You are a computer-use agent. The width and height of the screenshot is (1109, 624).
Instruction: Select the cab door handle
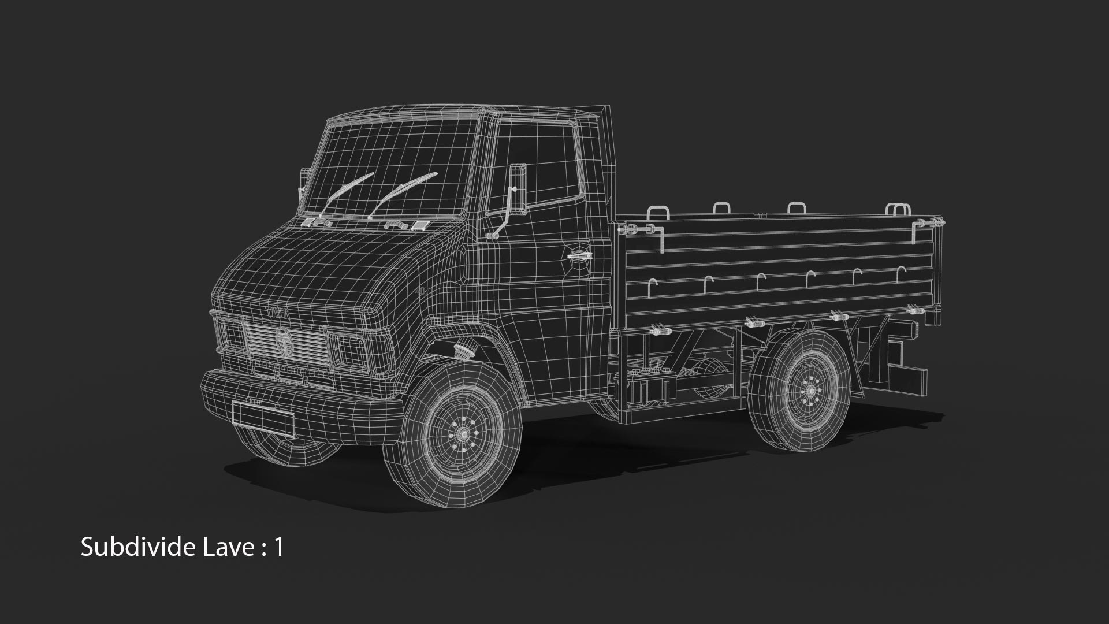point(578,255)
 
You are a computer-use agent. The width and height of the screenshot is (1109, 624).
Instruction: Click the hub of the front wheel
point(462,433)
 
